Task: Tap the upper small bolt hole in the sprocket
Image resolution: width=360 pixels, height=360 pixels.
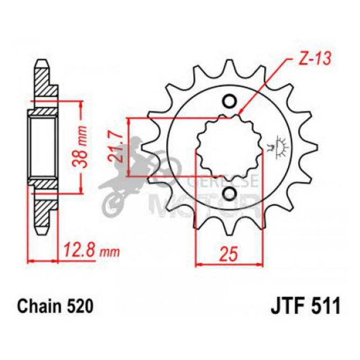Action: pyautogui.click(x=230, y=101)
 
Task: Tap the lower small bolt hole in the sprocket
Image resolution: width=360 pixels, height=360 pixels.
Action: pyautogui.click(x=230, y=193)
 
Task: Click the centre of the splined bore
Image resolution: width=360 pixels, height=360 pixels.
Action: pyautogui.click(x=230, y=147)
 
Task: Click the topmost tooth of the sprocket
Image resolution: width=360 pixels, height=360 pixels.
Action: pyautogui.click(x=230, y=65)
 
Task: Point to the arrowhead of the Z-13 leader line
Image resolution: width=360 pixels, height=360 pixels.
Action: pyautogui.click(x=239, y=114)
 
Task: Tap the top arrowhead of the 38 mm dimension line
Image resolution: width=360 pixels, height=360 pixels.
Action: pyautogui.click(x=81, y=103)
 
